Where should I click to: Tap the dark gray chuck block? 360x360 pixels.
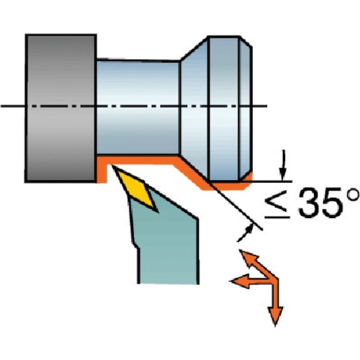[61, 108]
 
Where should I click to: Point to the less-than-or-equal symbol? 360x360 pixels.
[276, 207]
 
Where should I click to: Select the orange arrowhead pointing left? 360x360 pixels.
[239, 281]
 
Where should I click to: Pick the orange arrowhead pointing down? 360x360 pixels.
[275, 315]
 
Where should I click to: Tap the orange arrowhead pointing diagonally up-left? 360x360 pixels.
[247, 258]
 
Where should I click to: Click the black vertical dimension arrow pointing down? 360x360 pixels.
[284, 165]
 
